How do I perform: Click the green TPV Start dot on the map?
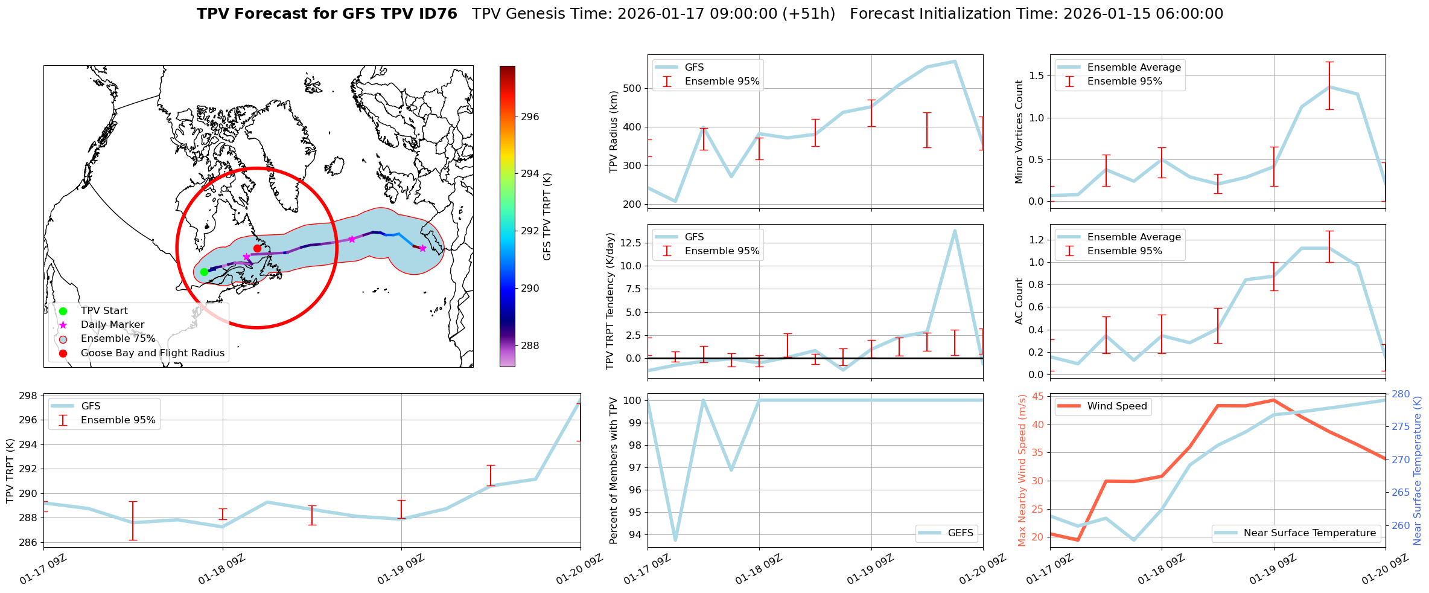point(204,272)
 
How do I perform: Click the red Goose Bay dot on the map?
point(257,248)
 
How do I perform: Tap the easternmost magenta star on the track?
point(422,248)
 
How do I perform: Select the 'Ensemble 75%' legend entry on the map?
point(118,339)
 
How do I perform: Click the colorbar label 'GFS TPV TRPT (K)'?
point(547,217)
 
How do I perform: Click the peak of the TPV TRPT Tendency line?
point(955,230)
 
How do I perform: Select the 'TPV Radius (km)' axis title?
point(614,132)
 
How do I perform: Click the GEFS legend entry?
point(960,533)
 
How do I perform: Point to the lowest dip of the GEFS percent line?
point(675,540)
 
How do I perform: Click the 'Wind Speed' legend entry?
point(1116,406)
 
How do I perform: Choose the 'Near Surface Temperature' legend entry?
point(1310,533)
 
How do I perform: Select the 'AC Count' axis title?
point(1019,301)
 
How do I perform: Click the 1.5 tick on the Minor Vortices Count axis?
point(1036,75)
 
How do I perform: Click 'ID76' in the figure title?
point(437,14)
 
